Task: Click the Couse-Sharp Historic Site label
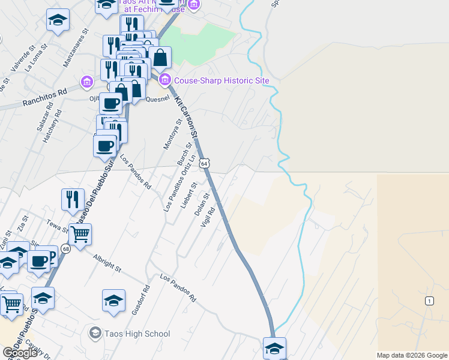(x=221, y=80)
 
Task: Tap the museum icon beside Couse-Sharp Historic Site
(x=165, y=80)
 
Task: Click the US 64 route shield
(x=205, y=163)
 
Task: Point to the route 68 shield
(x=65, y=248)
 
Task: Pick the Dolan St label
(x=202, y=205)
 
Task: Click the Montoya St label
(x=172, y=134)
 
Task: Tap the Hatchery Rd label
(x=52, y=125)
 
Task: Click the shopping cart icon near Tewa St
(x=80, y=233)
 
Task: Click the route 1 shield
(x=429, y=301)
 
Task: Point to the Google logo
(x=20, y=353)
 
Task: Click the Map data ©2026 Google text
(x=412, y=355)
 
